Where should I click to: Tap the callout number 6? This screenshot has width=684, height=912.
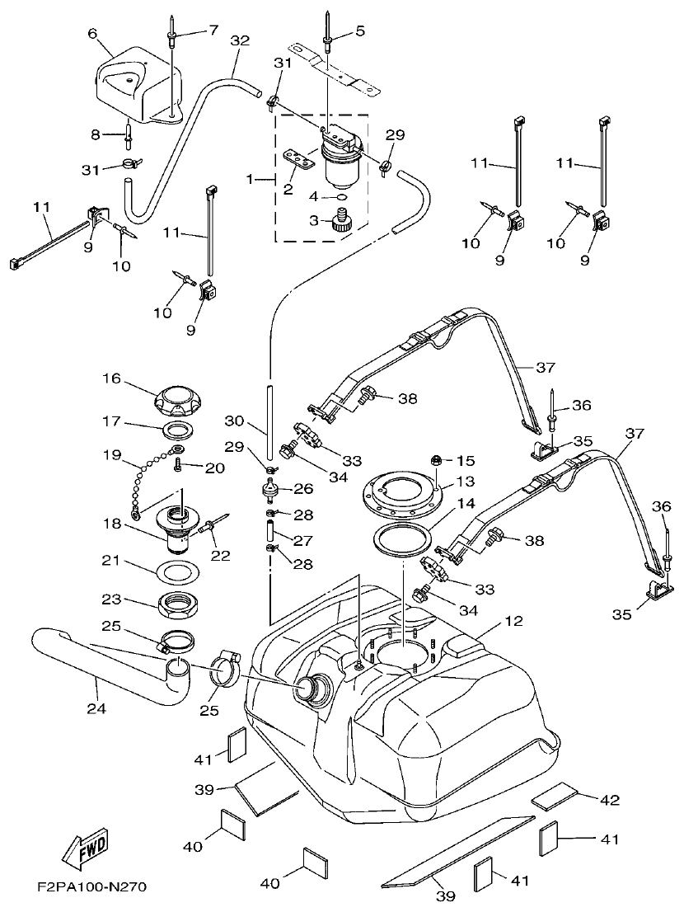(92, 34)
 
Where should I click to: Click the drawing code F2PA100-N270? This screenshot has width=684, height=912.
(91, 888)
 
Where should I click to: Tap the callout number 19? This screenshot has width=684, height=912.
(111, 454)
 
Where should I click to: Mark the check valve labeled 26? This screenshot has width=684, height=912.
(269, 489)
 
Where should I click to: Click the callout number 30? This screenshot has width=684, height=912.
(235, 421)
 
